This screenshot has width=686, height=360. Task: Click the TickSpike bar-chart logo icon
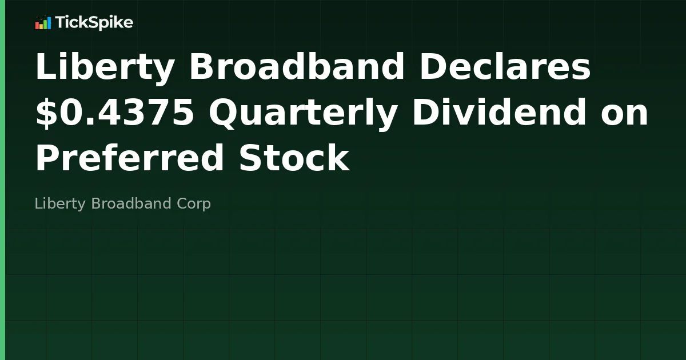43,23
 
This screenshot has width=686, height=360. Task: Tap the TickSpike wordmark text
94,23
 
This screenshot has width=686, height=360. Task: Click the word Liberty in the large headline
105,67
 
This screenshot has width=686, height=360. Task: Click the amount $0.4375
114,113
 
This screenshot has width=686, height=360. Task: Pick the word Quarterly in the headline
303,113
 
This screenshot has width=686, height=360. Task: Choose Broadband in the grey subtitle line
131,203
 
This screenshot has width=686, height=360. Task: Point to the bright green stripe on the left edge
2,180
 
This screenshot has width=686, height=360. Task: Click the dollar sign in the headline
45,113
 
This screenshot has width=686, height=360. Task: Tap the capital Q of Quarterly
223,113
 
